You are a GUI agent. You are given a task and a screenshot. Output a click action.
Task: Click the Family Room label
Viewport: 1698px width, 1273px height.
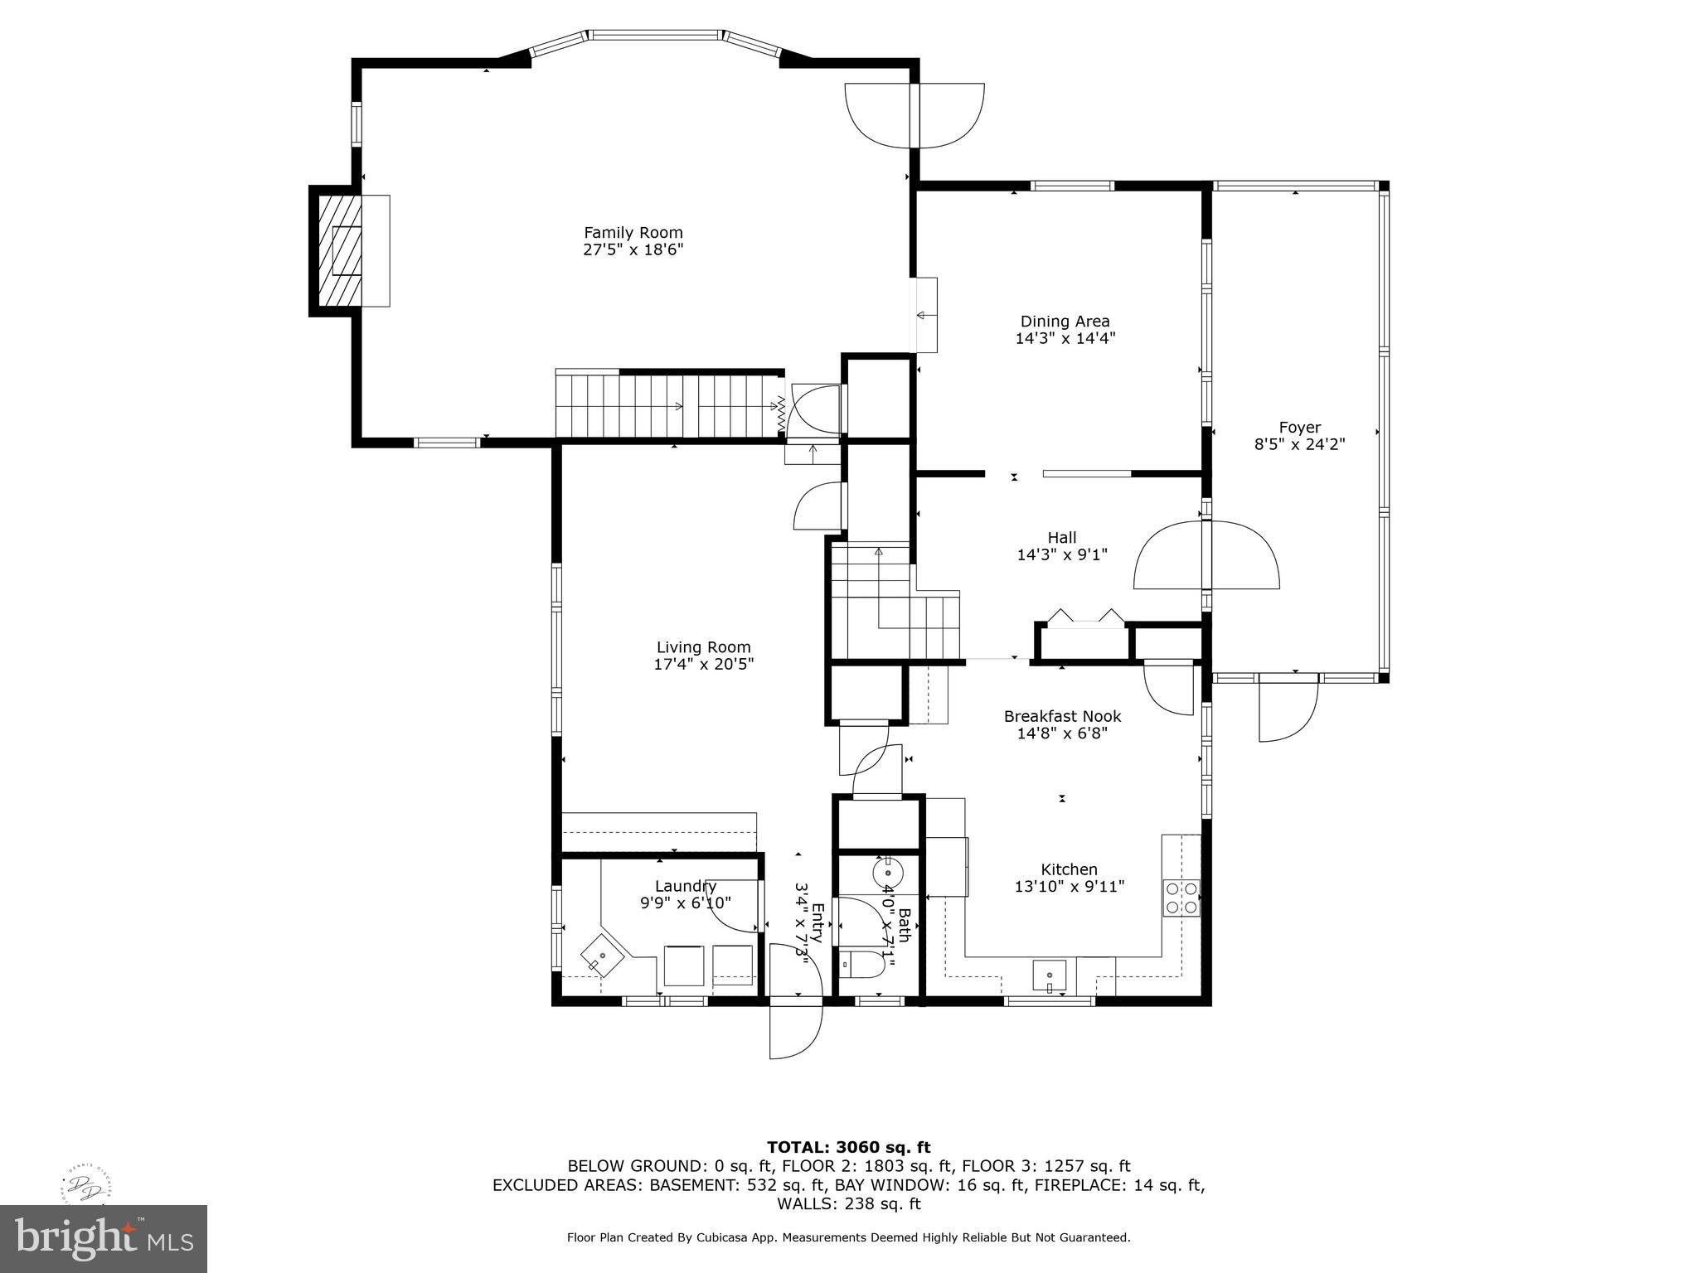[x=633, y=233]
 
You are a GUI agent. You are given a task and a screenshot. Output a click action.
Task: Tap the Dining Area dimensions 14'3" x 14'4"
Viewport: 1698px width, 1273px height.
[x=1065, y=338]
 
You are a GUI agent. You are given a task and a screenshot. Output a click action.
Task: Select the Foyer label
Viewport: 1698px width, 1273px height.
[x=1299, y=428]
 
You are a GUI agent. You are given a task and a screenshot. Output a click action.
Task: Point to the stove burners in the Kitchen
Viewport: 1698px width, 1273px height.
[x=1181, y=898]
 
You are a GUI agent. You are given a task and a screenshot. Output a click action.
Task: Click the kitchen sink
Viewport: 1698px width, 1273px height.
[x=1050, y=975]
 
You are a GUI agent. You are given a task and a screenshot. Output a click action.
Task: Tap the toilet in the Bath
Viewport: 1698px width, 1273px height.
[x=861, y=965]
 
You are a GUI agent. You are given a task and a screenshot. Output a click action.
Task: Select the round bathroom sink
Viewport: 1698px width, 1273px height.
[x=887, y=873]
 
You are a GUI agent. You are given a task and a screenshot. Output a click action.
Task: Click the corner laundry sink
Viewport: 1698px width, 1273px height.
[x=603, y=955]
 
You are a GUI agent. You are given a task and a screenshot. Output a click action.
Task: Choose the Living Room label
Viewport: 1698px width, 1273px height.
[x=703, y=647]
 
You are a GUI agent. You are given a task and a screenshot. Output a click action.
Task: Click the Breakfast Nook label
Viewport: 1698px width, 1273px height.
[x=1062, y=716]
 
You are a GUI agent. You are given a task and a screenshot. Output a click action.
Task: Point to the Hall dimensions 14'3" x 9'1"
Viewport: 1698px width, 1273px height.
[x=1062, y=554]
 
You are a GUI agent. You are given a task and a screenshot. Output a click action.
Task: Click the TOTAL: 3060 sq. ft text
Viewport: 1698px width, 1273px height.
[x=848, y=1147]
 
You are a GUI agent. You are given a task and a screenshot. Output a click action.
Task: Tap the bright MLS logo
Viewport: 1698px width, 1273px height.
[x=104, y=1239]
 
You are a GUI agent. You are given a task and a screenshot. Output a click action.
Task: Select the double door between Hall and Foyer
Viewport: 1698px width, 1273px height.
[x=1207, y=554]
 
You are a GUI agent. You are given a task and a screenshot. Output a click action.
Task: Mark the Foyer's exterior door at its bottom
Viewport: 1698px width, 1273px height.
[x=1287, y=709]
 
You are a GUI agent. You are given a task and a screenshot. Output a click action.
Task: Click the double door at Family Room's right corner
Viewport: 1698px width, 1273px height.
[x=914, y=116]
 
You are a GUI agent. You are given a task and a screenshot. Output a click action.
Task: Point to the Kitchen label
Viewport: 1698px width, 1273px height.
[x=1069, y=869]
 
